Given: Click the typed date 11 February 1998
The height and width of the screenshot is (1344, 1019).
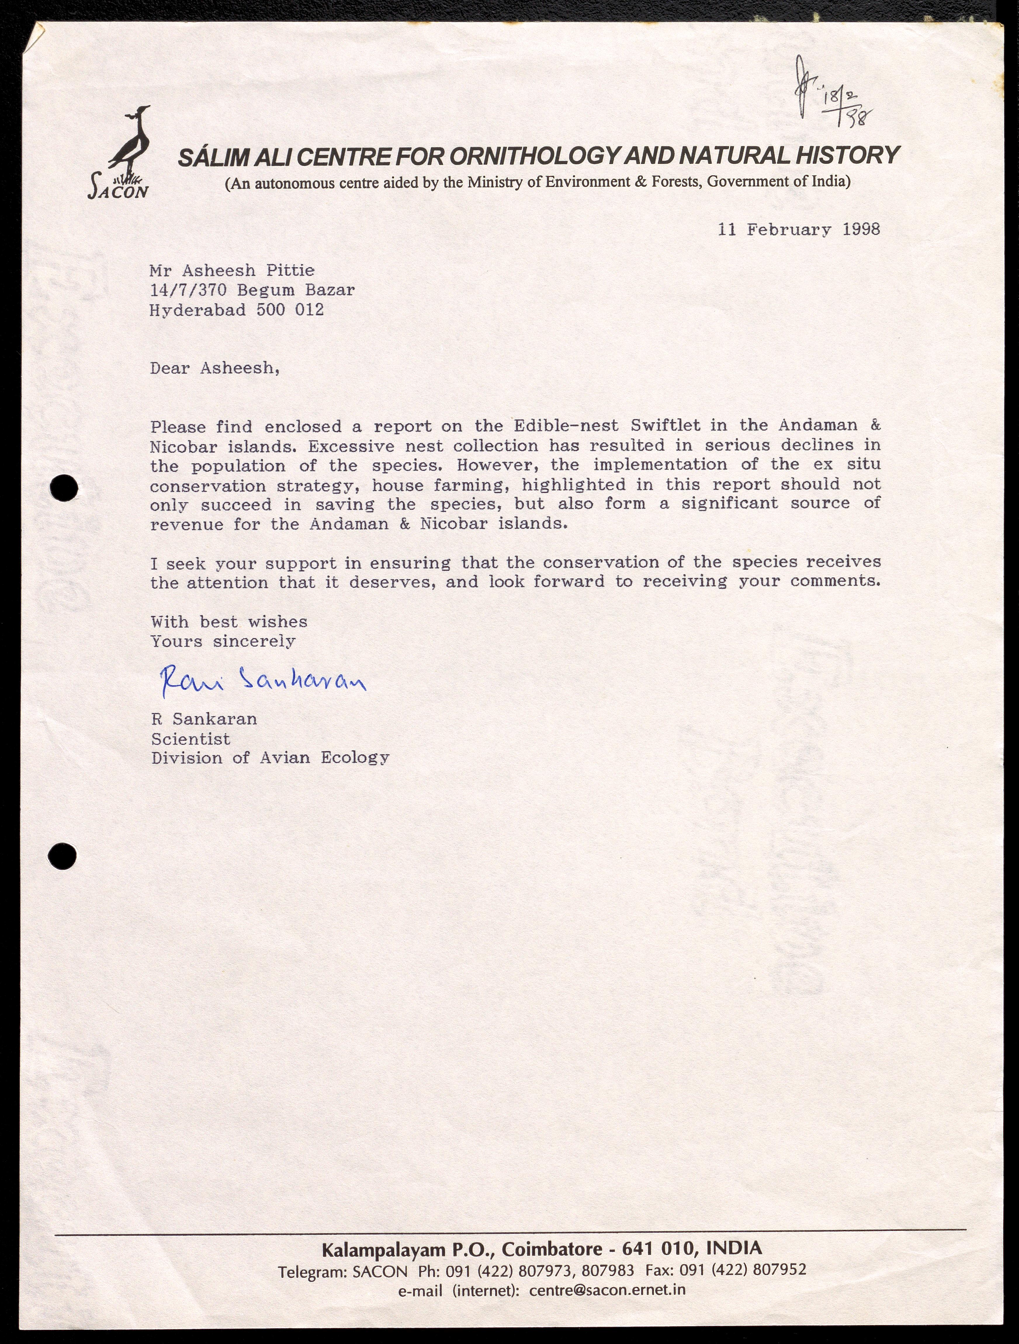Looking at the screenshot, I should [x=798, y=230].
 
